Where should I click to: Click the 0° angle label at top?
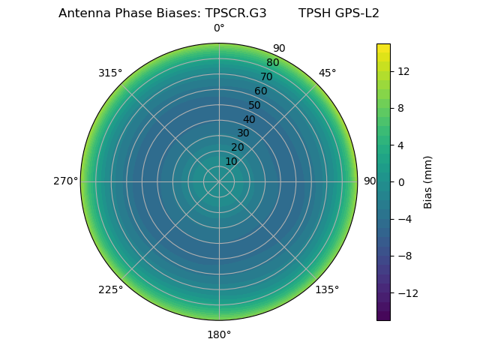click(x=219, y=28)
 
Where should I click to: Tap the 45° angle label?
click(x=327, y=73)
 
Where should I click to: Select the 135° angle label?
click(x=327, y=289)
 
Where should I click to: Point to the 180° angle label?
click(x=219, y=334)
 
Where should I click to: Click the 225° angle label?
click(x=110, y=289)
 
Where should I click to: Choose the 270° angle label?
click(x=65, y=181)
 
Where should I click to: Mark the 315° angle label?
click(x=110, y=73)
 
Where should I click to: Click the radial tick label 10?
click(x=231, y=161)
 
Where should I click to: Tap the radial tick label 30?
click(x=243, y=133)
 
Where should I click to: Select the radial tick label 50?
click(x=255, y=105)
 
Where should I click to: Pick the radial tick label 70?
click(x=266, y=76)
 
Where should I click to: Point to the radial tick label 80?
click(x=272, y=63)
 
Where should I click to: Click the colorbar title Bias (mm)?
click(x=428, y=181)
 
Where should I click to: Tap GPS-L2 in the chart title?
click(x=353, y=13)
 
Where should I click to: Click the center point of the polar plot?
click(x=219, y=181)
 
